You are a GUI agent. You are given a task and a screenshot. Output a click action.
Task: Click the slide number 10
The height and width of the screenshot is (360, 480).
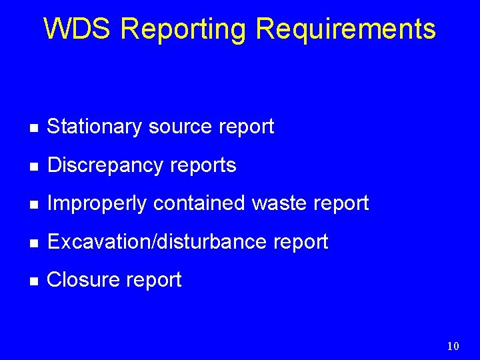(453, 345)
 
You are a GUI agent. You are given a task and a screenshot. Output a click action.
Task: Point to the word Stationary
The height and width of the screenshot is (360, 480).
(95, 127)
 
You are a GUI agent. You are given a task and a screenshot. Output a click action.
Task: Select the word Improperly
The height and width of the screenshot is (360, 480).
(97, 204)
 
